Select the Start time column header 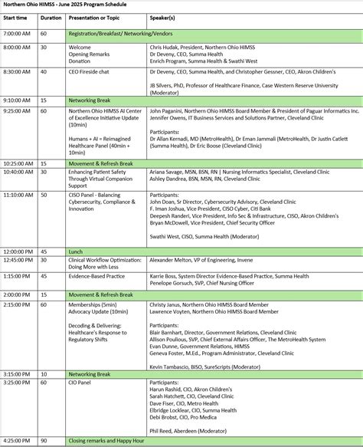click(x=15, y=16)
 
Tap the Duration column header click(x=50, y=16)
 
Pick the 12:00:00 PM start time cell click(x=21, y=251)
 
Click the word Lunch click(x=77, y=251)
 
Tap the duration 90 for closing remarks click(x=43, y=441)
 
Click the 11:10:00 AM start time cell click(x=21, y=195)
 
